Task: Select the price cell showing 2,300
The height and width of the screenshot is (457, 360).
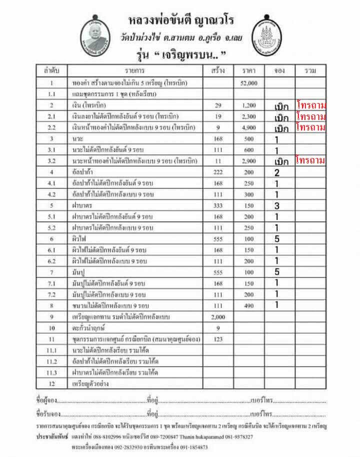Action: coord(248,116)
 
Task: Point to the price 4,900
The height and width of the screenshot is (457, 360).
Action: coord(248,127)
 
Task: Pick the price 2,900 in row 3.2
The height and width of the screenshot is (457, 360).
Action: coord(248,161)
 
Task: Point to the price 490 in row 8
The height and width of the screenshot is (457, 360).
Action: coord(248,305)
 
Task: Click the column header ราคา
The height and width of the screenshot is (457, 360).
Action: coord(248,71)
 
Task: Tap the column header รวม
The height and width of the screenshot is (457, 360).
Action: coord(310,71)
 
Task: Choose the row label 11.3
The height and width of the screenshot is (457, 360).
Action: coord(51,373)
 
